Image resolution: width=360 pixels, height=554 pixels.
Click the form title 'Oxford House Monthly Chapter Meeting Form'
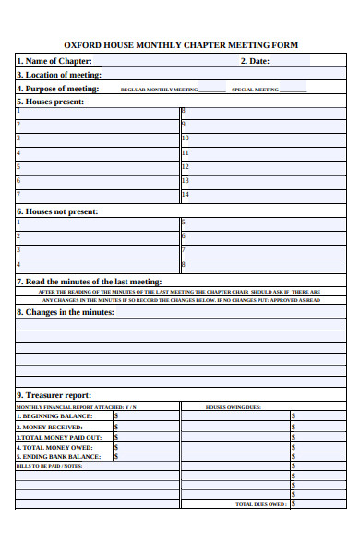(181, 45)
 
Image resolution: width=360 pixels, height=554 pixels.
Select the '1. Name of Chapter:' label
(54, 62)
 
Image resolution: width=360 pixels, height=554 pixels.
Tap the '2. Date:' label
(255, 62)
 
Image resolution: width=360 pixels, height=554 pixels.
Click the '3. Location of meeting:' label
(59, 75)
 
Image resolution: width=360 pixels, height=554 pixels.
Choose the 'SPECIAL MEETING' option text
(255, 90)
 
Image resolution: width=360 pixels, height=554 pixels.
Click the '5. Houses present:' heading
(51, 102)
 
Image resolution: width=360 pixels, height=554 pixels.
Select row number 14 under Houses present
(186, 195)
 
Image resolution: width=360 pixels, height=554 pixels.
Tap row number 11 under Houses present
(186, 152)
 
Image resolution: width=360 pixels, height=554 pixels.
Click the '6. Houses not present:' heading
(57, 211)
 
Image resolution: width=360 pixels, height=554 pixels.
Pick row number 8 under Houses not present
(184, 264)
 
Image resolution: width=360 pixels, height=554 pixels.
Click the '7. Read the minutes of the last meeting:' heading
(90, 282)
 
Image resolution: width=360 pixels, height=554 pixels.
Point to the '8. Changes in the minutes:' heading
(66, 312)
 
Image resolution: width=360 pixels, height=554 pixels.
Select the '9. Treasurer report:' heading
(54, 395)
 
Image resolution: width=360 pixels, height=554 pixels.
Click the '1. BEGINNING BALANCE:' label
(54, 416)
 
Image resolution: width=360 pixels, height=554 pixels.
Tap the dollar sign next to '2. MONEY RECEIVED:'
(116, 427)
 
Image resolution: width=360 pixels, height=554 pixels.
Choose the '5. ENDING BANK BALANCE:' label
(59, 457)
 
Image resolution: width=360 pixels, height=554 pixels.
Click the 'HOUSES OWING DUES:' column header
(233, 407)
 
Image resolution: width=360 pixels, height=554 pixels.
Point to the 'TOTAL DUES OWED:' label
(260, 505)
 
